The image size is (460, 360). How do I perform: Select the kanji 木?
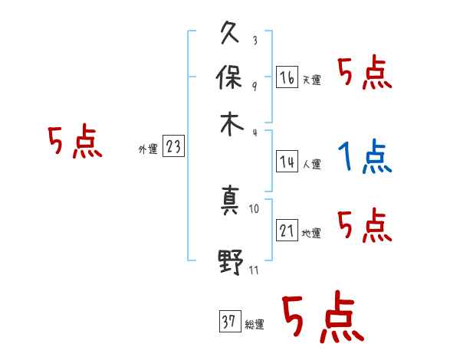230,126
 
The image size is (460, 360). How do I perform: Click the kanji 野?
230,263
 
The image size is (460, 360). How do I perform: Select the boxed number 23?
173,148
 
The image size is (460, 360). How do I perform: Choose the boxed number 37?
229,322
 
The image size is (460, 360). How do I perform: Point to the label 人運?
311,164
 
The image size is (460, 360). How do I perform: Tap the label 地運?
311,234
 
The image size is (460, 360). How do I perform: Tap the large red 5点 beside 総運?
321,319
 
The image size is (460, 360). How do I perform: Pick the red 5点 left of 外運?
74,142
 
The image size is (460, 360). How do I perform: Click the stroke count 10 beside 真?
255,208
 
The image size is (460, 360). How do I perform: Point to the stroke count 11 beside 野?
255,269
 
